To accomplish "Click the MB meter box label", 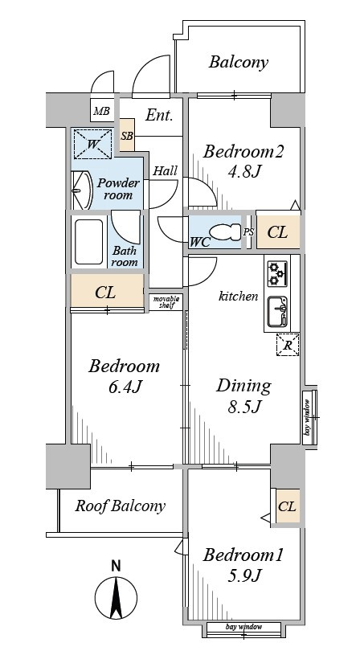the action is coord(101,111).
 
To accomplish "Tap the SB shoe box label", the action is coord(127,135).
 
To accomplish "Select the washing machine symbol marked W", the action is coord(93,144).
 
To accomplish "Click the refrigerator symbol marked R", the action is coord(288,345).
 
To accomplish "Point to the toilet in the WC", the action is coord(225,231).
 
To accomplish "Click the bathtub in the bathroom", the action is coord(89,242).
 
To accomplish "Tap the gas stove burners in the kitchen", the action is coord(277,273).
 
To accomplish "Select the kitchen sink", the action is coord(277,311).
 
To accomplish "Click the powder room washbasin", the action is coord(81,190).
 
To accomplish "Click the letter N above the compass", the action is coord(117,566).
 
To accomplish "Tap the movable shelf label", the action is coord(166,302).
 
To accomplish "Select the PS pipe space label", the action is coord(248,232).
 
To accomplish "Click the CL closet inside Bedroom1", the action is coord(287,507).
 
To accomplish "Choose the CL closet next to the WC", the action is coord(277,232).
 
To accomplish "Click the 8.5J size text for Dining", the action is coord(243,407).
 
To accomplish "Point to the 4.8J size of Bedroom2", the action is coord(244,170).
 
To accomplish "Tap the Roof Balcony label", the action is coord(121,506).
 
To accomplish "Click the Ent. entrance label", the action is coord(159,115).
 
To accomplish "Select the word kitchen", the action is coord(239,296).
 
